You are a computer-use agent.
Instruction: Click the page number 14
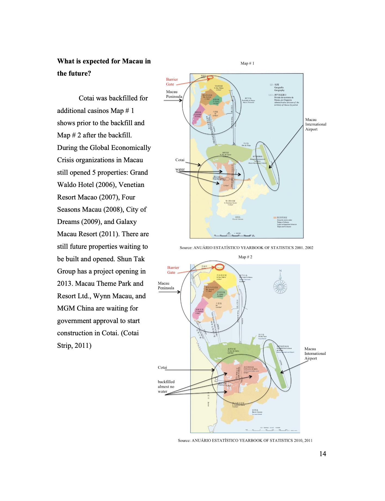[322, 454]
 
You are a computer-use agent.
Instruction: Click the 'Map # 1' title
[247, 63]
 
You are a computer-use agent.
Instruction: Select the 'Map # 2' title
[245, 257]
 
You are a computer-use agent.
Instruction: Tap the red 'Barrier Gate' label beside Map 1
[172, 82]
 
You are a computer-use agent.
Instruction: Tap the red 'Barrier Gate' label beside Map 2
[173, 270]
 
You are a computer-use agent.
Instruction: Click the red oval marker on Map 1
[210, 78]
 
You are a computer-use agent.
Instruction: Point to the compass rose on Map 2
[280, 286]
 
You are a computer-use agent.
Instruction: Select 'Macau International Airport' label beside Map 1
[315, 124]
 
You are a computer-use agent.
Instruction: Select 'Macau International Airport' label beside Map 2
[315, 354]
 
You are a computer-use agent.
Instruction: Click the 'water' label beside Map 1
[180, 169]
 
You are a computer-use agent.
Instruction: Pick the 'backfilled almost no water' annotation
[166, 386]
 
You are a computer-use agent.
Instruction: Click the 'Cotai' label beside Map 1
[180, 160]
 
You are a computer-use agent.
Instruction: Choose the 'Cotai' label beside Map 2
[162, 367]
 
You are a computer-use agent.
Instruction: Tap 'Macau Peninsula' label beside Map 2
[166, 285]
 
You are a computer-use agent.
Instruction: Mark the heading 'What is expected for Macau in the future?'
[104, 67]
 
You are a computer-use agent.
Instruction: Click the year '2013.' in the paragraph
[65, 284]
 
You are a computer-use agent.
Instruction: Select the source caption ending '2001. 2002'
[246, 248]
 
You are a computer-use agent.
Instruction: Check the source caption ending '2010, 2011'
[245, 440]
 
